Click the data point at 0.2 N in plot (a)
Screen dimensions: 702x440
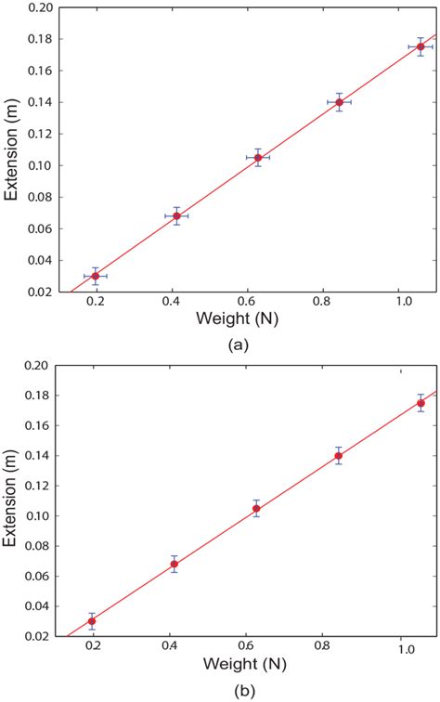point(96,276)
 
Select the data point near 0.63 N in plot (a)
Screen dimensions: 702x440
point(258,158)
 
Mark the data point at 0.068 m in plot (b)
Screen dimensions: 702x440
point(174,564)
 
